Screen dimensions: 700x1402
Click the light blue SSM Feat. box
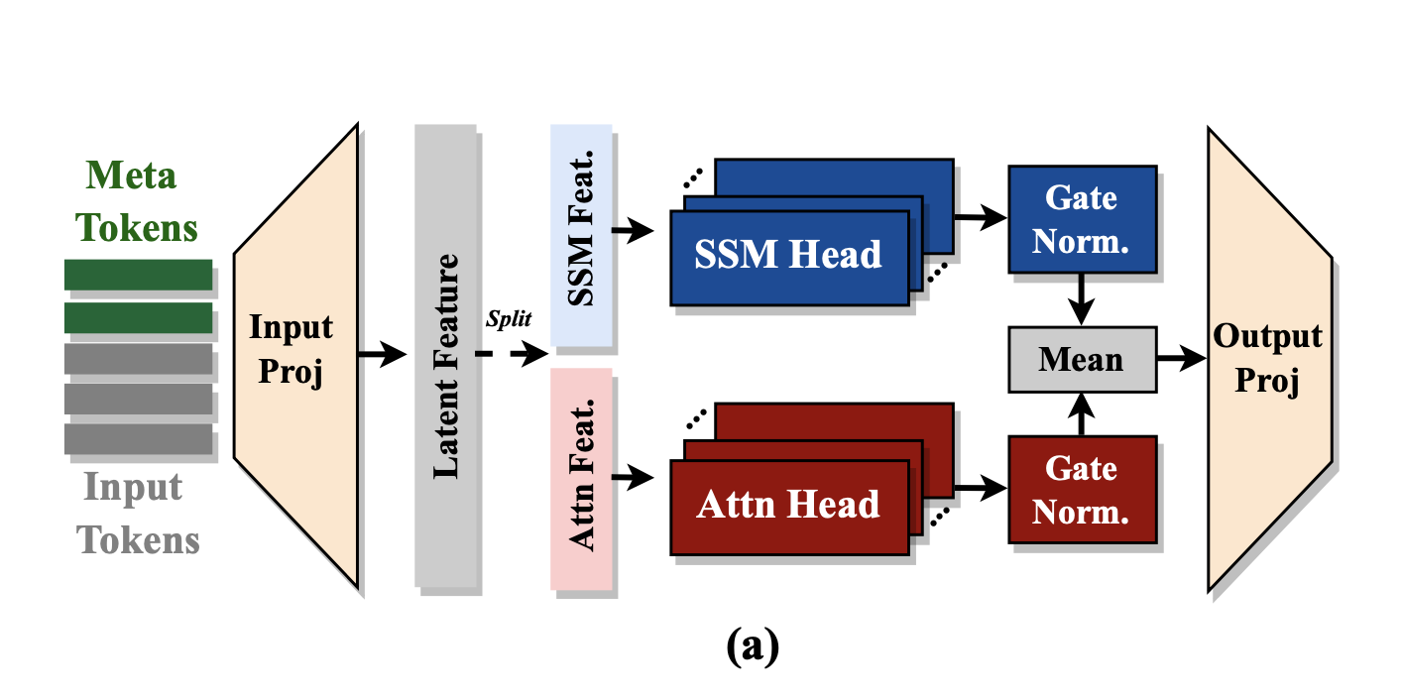click(582, 238)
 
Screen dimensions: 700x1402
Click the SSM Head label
click(788, 255)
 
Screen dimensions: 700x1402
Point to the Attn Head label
click(788, 505)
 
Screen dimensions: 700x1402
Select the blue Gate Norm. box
click(1082, 219)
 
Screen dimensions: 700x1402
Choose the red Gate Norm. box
click(1082, 488)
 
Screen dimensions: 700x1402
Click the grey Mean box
click(1082, 359)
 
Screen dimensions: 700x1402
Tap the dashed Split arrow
click(510, 354)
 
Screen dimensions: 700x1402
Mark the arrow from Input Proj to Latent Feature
click(382, 354)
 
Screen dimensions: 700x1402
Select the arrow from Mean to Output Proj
click(1181, 359)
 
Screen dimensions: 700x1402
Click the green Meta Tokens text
click(139, 202)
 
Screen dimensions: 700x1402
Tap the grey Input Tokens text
click(139, 514)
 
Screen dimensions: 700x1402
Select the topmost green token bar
click(139, 275)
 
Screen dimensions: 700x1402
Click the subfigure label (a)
click(753, 645)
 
